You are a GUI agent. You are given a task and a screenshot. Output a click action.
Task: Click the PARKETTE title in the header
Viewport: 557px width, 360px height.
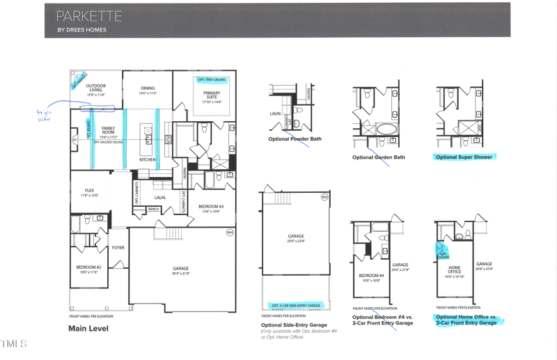coord(88,16)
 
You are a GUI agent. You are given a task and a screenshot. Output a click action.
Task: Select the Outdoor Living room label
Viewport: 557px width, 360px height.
coord(95,88)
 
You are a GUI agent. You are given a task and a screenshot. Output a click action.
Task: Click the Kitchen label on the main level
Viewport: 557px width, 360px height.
coord(148,160)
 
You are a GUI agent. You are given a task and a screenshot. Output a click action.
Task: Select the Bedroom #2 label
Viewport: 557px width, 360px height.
coord(89,269)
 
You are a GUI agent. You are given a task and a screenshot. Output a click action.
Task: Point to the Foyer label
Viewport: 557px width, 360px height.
coord(118,247)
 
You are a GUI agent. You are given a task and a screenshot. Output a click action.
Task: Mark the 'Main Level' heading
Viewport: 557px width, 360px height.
coord(88,329)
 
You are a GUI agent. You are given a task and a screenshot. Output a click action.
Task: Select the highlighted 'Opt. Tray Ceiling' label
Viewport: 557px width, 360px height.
coord(211,79)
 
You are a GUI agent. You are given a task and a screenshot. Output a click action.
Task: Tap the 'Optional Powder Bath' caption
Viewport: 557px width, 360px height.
coord(295,139)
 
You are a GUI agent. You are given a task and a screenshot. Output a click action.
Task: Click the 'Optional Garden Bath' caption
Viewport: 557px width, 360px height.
coord(379,157)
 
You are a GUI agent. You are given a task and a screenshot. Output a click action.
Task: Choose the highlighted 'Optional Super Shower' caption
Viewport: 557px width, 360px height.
coord(464,157)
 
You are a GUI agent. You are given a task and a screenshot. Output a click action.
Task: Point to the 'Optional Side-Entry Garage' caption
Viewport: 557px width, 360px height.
coord(295,325)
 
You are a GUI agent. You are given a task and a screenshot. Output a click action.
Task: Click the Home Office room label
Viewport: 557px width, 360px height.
coord(454,269)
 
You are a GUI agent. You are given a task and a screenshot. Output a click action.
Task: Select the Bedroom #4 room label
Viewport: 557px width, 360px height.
coord(368,277)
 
